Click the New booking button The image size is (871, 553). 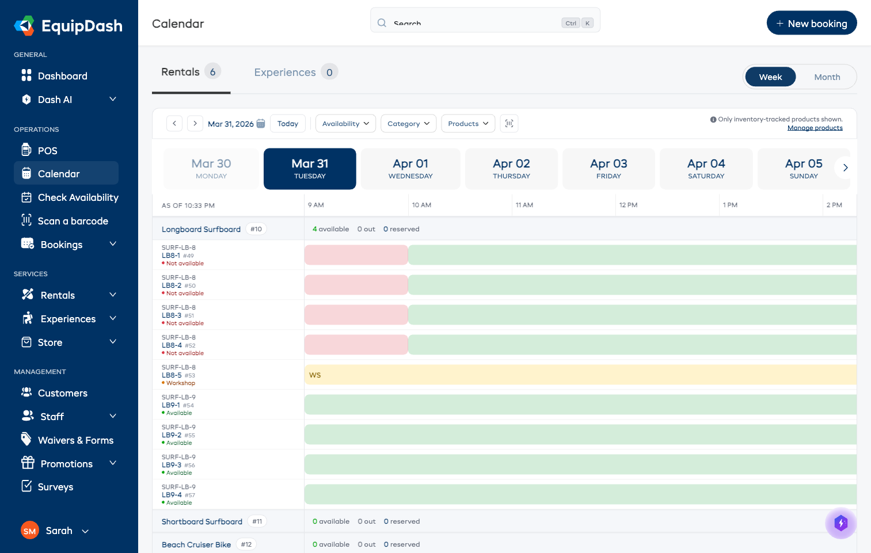pyautogui.click(x=811, y=23)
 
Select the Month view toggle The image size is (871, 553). pyautogui.click(x=827, y=77)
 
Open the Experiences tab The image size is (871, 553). pyautogui.click(x=285, y=73)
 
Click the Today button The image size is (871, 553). pyautogui.click(x=287, y=124)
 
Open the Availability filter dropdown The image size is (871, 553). pyautogui.click(x=345, y=124)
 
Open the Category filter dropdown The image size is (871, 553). pyautogui.click(x=408, y=124)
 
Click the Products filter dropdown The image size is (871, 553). pyautogui.click(x=467, y=124)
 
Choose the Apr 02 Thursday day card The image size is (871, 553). pyautogui.click(x=511, y=169)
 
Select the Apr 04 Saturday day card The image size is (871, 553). pyautogui.click(x=706, y=169)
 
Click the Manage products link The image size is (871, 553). pyautogui.click(x=815, y=128)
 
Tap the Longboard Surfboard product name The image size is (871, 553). pyautogui.click(x=201, y=229)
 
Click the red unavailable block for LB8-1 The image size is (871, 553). pyautogui.click(x=356, y=255)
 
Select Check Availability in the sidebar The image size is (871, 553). pyautogui.click(x=78, y=197)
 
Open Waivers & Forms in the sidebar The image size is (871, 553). pyautogui.click(x=75, y=440)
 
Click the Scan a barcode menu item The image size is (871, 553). pyautogui.click(x=73, y=221)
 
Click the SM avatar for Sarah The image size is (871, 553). pyautogui.click(x=30, y=531)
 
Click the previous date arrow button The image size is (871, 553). pyautogui.click(x=174, y=124)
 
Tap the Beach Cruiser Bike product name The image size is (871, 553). pyautogui.click(x=196, y=544)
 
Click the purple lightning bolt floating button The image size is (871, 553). pyautogui.click(x=840, y=523)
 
